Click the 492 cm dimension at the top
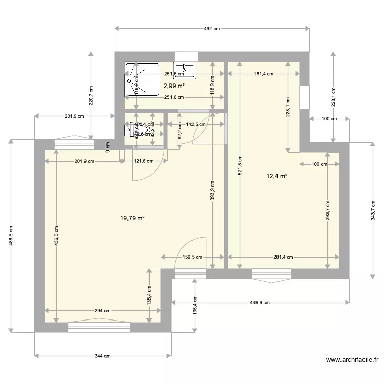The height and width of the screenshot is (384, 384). (x=212, y=29)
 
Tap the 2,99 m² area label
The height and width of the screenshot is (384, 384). (x=174, y=87)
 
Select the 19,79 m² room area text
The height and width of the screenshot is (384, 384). (x=133, y=218)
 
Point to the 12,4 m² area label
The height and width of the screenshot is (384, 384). (x=276, y=177)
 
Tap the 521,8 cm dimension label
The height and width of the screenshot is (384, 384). (x=239, y=165)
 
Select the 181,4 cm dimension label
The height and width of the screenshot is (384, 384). (x=264, y=74)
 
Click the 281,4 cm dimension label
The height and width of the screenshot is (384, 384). (x=283, y=258)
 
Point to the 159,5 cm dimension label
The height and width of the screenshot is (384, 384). (x=193, y=258)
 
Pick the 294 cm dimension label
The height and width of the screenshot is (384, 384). (x=102, y=311)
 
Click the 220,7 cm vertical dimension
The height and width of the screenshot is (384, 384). (x=91, y=95)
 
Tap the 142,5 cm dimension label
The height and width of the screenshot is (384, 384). (x=196, y=124)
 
